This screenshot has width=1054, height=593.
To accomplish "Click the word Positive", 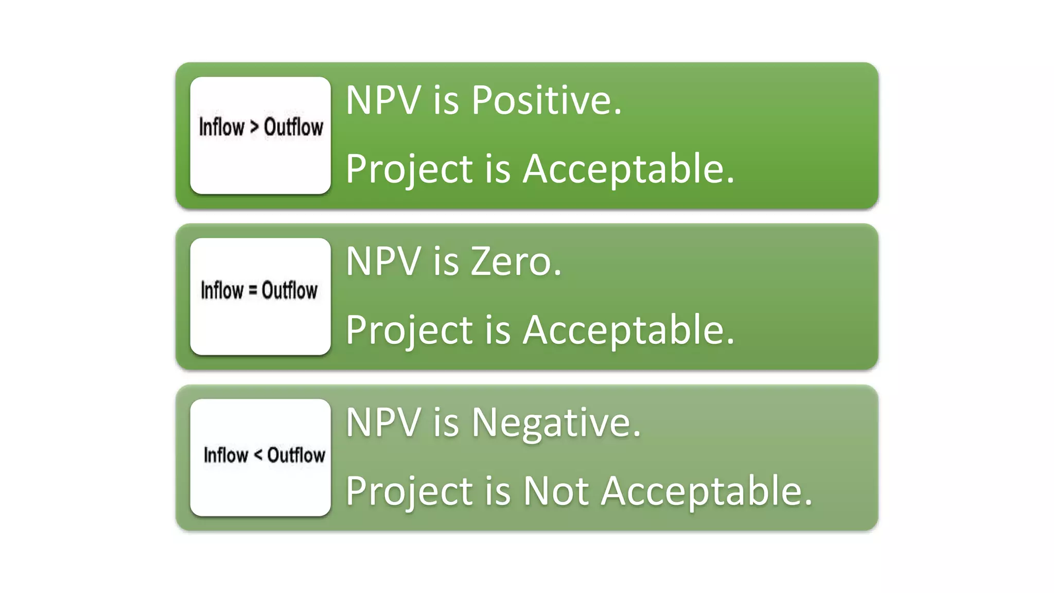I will point(547,100).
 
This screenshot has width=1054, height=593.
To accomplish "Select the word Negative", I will point(556,423).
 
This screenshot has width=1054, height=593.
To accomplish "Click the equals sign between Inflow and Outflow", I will point(252,290).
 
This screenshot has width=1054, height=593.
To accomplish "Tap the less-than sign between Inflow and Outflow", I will point(258,455).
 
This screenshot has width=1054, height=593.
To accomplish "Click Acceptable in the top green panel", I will point(628,169).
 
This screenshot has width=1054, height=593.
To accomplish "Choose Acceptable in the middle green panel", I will point(628,330).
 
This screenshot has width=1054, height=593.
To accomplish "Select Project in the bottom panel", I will point(409,492).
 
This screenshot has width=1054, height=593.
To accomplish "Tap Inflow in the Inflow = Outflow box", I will point(222,290).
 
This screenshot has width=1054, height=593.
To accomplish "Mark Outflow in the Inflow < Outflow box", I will point(296,455).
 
